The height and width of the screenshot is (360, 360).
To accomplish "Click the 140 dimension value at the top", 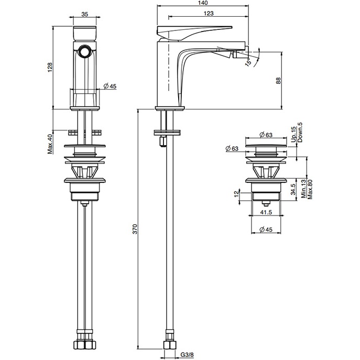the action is (202, 3).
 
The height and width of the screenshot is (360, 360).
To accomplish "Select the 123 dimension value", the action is (209, 13).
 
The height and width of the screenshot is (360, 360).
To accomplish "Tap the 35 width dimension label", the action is (85, 14).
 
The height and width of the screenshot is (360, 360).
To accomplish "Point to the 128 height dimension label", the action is (50, 68).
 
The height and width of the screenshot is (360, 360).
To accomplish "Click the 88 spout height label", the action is (278, 81).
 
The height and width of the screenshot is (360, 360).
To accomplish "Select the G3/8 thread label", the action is (187, 355).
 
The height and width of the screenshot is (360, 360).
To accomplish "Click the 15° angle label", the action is (248, 62).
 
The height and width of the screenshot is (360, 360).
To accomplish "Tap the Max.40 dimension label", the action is (50, 144).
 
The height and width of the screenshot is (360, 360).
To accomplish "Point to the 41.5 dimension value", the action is (266, 212).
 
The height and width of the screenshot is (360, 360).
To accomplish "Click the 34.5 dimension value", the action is (293, 189).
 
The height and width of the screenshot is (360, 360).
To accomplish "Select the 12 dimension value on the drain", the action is (237, 194).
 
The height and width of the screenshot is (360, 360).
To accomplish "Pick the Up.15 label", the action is (293, 134).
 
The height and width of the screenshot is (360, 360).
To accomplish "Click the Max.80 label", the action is (310, 189).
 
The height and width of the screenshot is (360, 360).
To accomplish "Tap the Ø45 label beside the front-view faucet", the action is (110, 86).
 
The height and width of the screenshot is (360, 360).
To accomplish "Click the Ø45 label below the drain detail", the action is (266, 230).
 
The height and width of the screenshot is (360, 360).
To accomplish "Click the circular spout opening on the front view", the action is (85, 51).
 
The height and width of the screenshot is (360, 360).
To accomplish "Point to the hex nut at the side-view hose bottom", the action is (170, 345).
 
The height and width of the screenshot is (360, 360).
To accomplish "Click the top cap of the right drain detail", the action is (266, 146).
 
